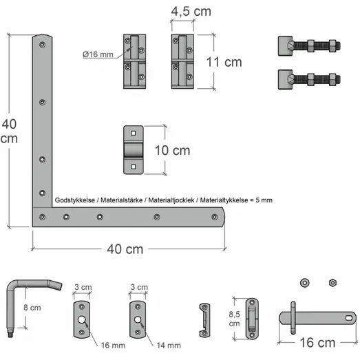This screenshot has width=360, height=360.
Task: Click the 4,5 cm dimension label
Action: point(191,12)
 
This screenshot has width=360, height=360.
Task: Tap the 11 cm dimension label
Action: point(224,62)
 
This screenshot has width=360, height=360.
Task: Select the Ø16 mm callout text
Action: point(98,54)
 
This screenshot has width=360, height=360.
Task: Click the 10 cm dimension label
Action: point(172,150)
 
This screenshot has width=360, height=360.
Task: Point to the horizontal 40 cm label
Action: point(125,249)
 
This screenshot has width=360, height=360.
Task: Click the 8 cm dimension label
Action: point(32,308)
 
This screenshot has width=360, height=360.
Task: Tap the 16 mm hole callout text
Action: point(113,346)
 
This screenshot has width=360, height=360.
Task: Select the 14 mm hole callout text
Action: point(169,346)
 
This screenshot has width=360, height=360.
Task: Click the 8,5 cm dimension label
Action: point(235,319)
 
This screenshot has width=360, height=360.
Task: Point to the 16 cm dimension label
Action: point(317,343)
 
